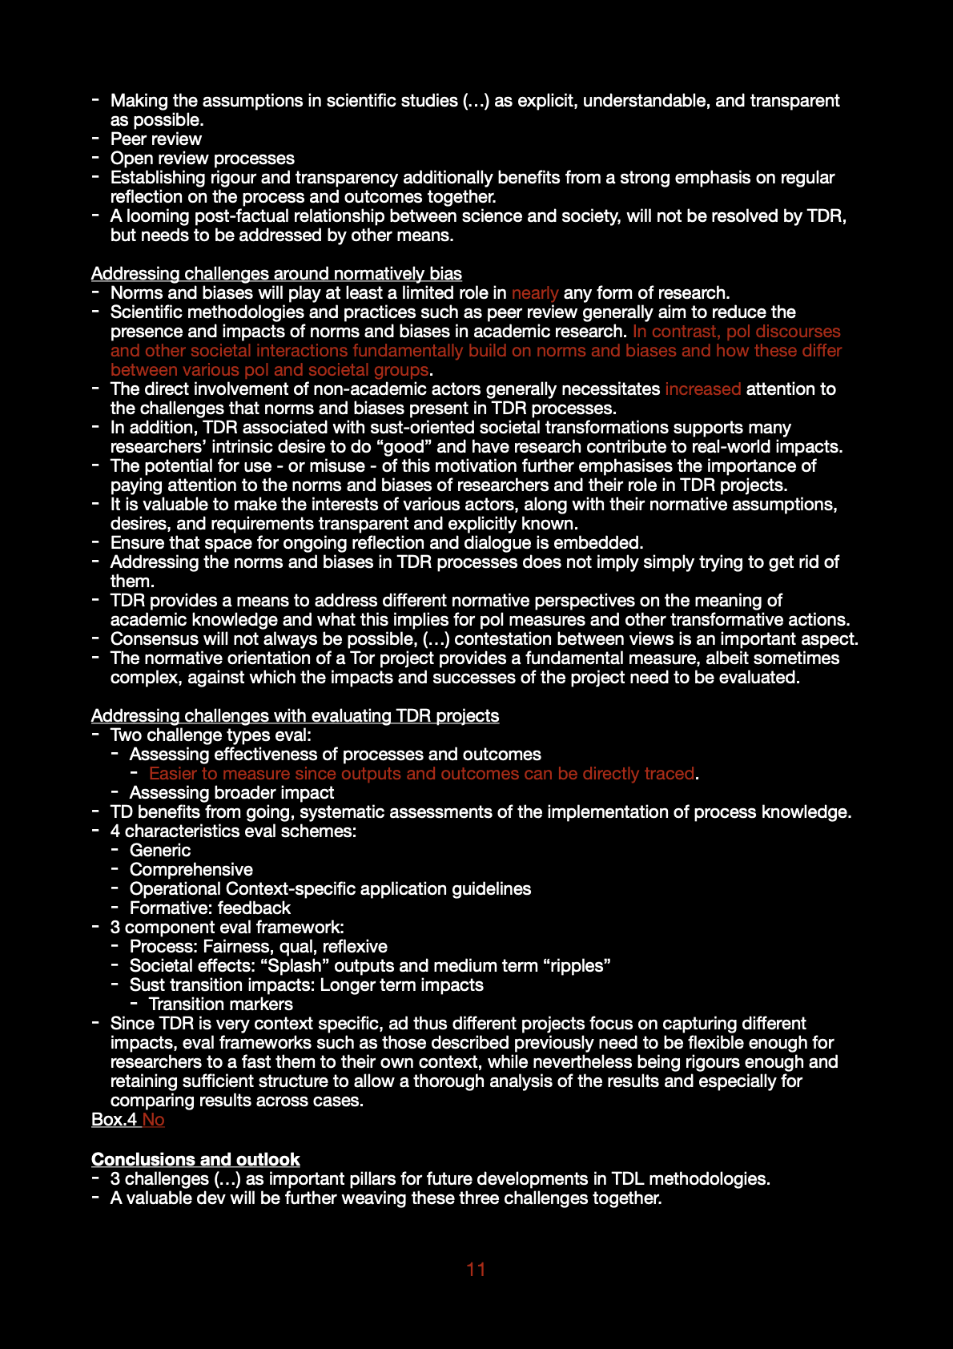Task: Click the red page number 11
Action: [x=476, y=1269]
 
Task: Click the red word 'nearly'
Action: [x=535, y=293]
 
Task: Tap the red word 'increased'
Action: [x=702, y=389]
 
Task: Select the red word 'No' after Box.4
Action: [x=154, y=1120]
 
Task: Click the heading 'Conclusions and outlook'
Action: [x=195, y=1159]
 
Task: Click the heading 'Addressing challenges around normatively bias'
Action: [x=276, y=274]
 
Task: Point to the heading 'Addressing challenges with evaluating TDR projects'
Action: [x=295, y=716]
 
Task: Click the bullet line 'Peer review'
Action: [x=156, y=139]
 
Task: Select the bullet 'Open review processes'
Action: [x=203, y=159]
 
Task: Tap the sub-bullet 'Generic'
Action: [x=160, y=851]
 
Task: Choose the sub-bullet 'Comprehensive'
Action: [x=191, y=870]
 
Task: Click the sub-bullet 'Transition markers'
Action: [x=221, y=1005]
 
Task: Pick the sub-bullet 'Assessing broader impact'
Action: [x=232, y=793]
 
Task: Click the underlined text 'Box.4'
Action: [x=114, y=1120]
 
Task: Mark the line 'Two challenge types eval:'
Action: [x=211, y=735]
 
